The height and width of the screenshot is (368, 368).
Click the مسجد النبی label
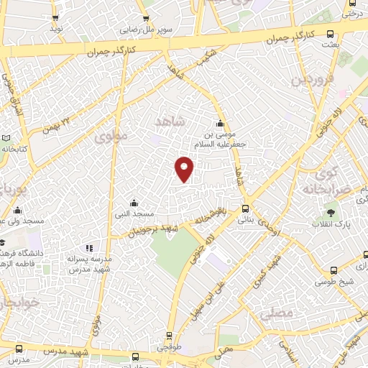click(137, 214)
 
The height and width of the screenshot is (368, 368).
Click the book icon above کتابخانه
click(6, 138)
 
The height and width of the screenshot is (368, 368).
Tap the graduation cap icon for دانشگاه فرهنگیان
click(2, 242)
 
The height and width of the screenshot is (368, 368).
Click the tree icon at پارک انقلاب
click(331, 213)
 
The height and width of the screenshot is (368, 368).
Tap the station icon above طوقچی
click(170, 336)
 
